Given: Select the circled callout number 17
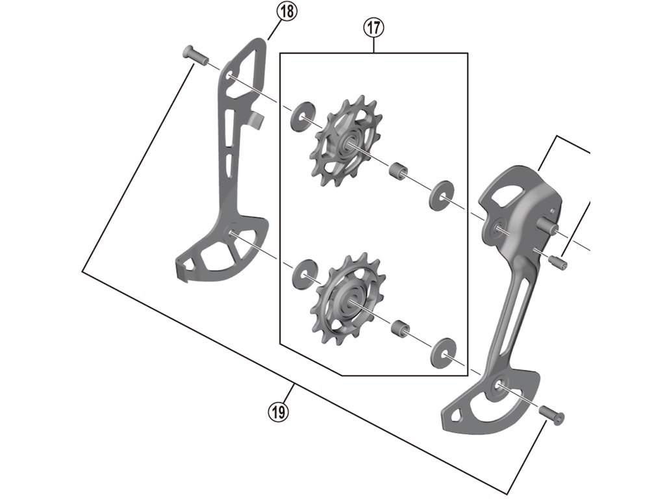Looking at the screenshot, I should [373, 28].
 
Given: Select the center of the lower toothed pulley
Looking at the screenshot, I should [350, 300].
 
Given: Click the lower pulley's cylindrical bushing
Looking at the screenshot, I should [398, 328].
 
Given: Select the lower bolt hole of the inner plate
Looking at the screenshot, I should [232, 235].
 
